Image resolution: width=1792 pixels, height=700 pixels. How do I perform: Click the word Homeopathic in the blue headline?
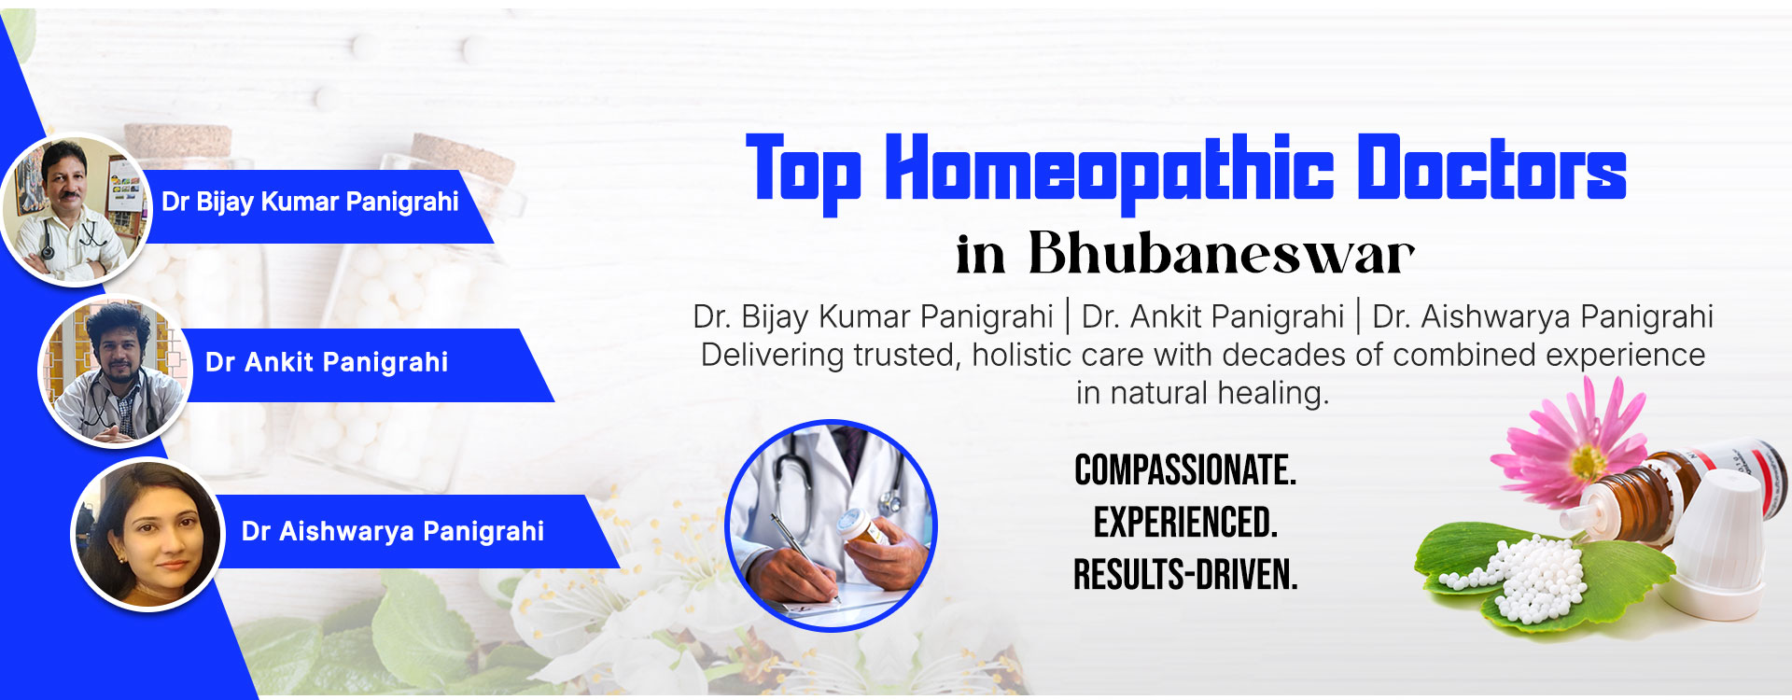coord(1110,173)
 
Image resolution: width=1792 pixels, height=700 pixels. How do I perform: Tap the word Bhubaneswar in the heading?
coord(1221,252)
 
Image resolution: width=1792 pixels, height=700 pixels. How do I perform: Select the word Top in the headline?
coord(804,173)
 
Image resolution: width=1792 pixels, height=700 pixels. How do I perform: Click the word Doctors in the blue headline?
coord(1491,167)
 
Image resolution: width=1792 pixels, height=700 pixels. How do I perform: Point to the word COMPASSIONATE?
coord(1185,470)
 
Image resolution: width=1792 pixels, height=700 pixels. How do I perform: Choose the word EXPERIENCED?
coord(1185,523)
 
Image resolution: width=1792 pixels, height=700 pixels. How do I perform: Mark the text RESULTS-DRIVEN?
coord(1185,575)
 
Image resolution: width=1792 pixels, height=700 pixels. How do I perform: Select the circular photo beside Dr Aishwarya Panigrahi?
coord(148,535)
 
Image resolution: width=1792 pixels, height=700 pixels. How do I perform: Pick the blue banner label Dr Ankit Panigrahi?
coord(364,365)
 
